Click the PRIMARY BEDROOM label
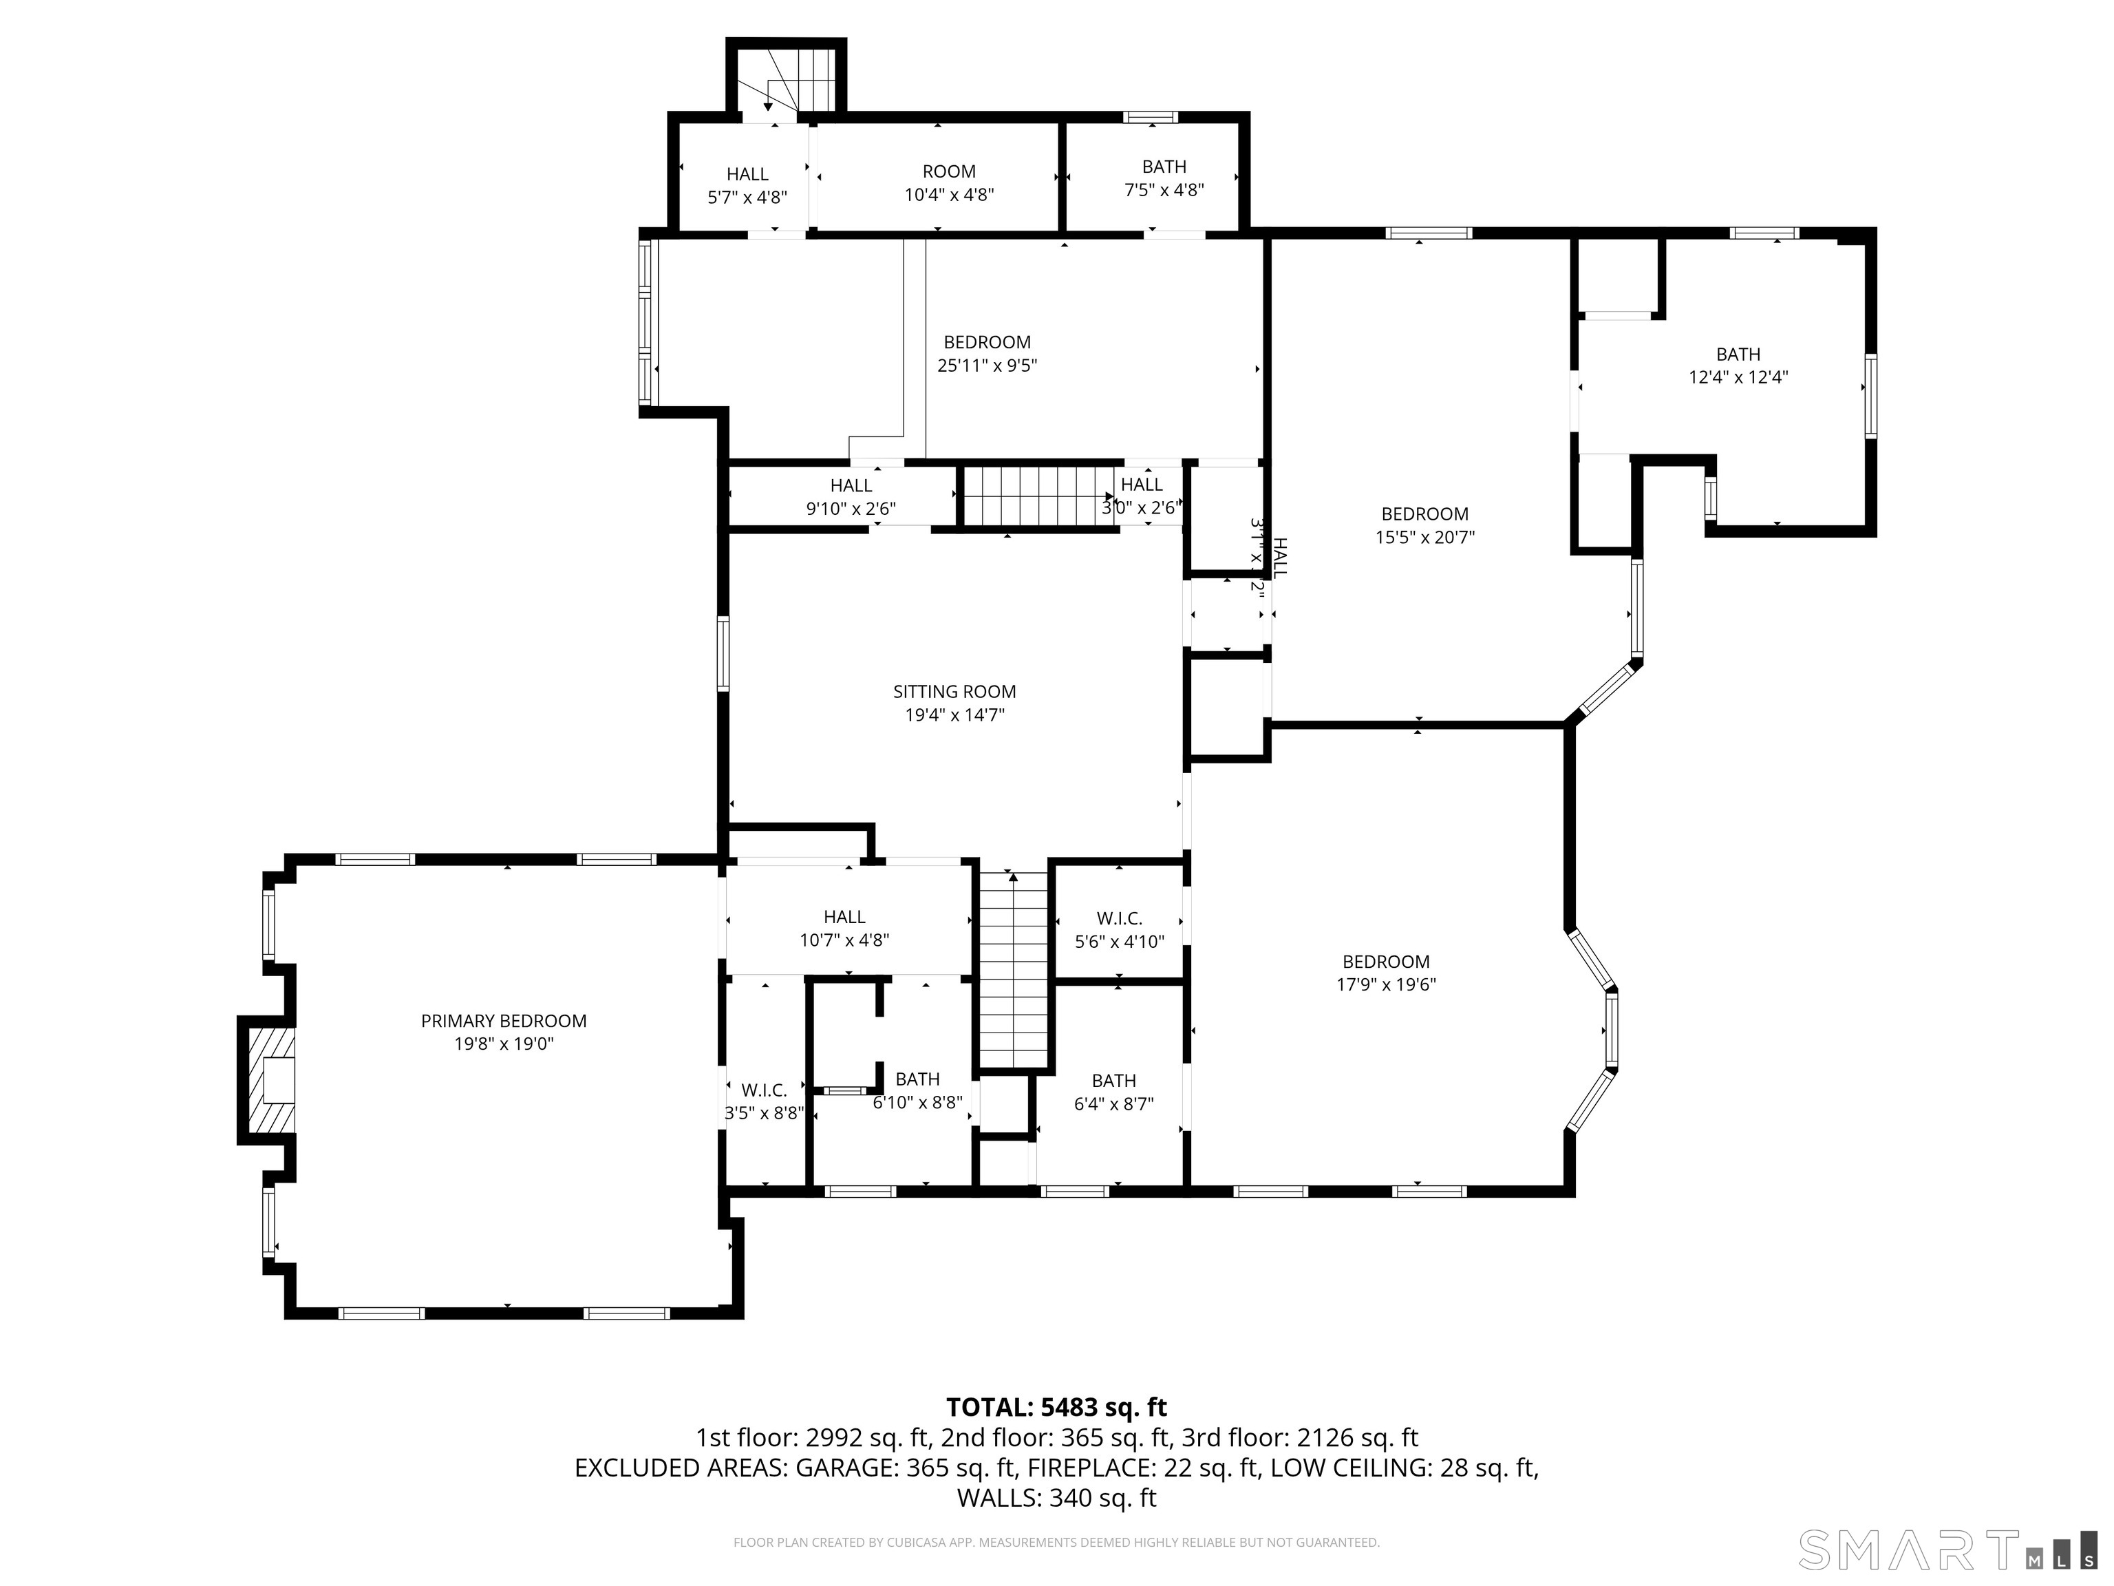click(x=504, y=1021)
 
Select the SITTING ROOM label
click(x=954, y=691)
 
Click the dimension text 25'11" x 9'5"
click(x=987, y=366)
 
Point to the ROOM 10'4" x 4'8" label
click(x=949, y=182)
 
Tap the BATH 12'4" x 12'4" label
click(x=1738, y=366)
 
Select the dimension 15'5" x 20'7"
click(x=1424, y=537)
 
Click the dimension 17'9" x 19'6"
click(x=1386, y=984)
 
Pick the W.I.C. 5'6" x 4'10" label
click(x=1119, y=929)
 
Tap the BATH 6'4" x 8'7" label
click(x=1113, y=1092)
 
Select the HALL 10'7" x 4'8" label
click(x=844, y=929)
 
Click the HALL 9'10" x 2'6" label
click(x=851, y=497)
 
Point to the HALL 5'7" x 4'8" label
click(x=747, y=185)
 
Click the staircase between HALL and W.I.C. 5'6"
click(x=1013, y=971)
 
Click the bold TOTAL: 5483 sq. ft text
click(x=1056, y=1407)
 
